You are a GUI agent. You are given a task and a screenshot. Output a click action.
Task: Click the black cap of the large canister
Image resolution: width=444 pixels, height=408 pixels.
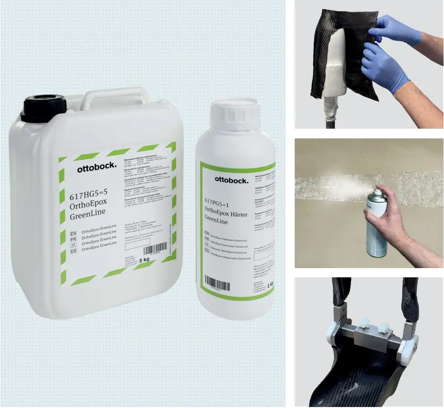[44, 108]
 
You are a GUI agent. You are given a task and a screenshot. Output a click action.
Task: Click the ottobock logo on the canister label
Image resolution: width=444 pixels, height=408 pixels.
[97, 168]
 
